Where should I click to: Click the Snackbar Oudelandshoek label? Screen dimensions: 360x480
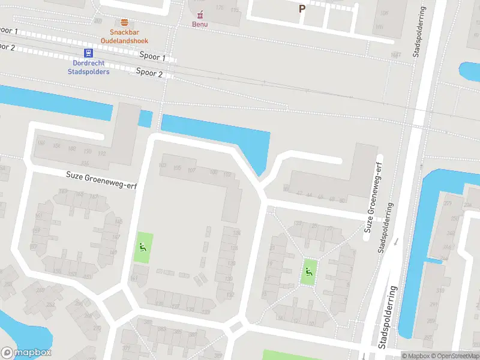[x=128, y=36]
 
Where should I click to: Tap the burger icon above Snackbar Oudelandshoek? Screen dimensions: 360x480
[x=125, y=22]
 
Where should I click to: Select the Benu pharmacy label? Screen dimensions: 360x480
[x=200, y=24]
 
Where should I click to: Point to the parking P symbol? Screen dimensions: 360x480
[x=302, y=9]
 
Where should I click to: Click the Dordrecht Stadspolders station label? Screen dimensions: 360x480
[x=88, y=67]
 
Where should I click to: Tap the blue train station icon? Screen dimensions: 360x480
[x=88, y=53]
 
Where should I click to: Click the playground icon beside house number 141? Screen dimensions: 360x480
[x=142, y=246]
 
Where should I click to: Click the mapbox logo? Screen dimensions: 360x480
[x=26, y=353]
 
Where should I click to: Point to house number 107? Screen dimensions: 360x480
[x=191, y=170]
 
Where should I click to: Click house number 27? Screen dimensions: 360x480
[x=329, y=228]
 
